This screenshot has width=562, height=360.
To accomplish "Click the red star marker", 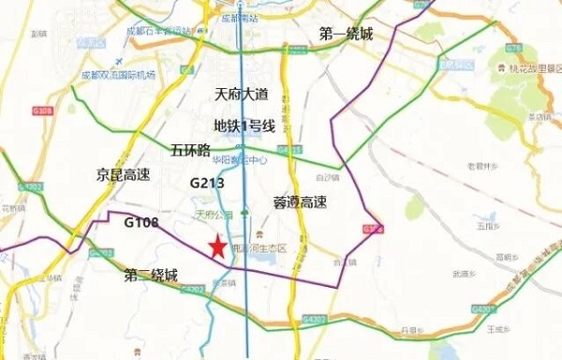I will pos(217,247).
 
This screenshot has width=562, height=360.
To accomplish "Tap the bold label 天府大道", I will pos(243,95).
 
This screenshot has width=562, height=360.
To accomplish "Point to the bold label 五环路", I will pos(191,150).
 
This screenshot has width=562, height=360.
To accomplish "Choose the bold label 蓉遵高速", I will pos(300,202).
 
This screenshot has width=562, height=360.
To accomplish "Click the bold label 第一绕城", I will pos(346,35).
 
